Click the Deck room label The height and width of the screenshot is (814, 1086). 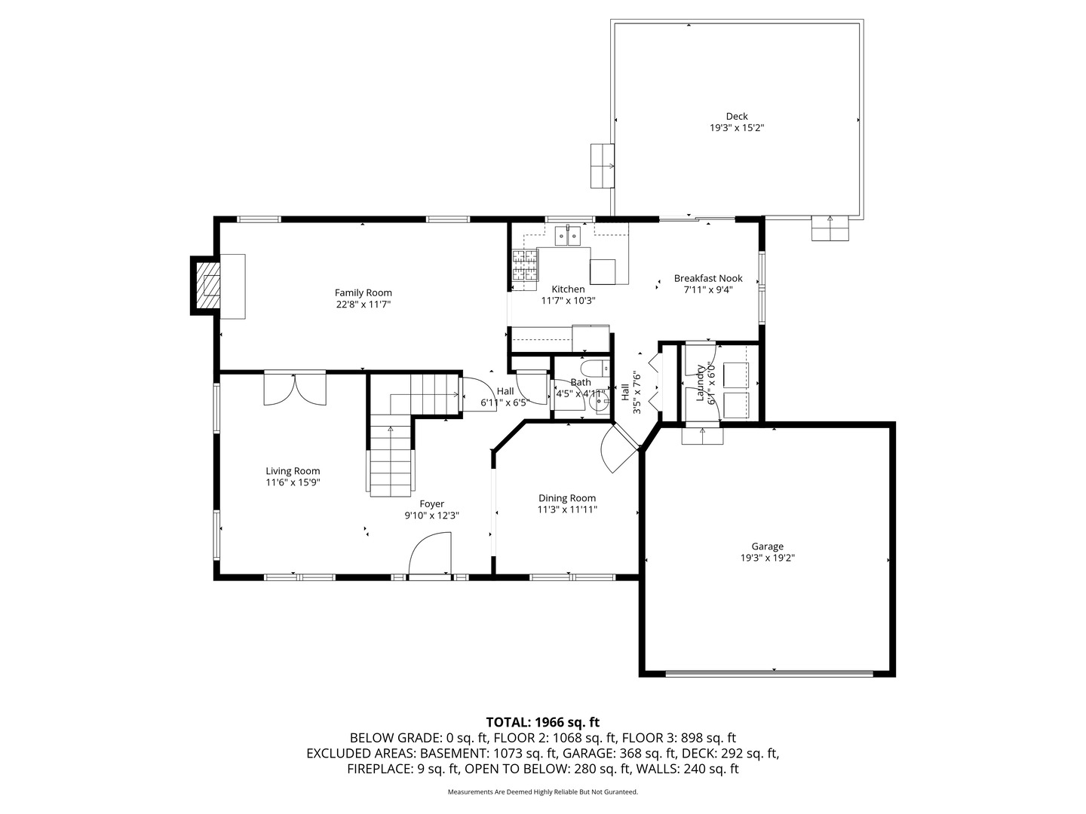(737, 117)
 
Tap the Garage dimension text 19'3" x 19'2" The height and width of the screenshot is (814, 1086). (768, 558)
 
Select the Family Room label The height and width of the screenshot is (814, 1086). (364, 293)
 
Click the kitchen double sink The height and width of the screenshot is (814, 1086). (567, 236)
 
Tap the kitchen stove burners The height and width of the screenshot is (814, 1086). (524, 265)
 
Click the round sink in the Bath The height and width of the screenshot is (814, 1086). (600, 402)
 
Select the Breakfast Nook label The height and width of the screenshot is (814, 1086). (708, 278)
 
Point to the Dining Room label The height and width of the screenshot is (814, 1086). (567, 498)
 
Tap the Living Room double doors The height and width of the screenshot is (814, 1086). (295, 388)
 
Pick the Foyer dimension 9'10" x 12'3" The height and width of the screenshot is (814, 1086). (432, 516)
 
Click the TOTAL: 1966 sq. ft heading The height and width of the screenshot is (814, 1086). (543, 723)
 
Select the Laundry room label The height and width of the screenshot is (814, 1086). (700, 383)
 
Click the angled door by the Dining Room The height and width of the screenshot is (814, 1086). (619, 447)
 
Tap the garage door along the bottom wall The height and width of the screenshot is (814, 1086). (769, 673)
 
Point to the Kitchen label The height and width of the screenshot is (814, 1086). (568, 289)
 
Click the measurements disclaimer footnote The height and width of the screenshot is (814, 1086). (543, 792)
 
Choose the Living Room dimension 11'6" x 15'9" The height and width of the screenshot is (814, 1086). (293, 482)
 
